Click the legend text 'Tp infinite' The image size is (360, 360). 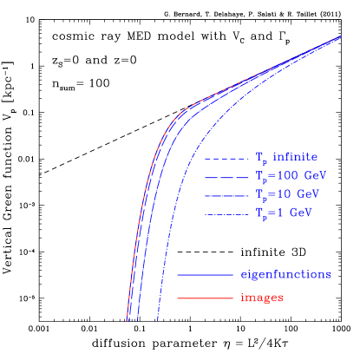click(286, 157)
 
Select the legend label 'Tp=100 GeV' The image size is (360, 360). click(291, 176)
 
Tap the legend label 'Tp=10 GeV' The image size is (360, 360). click(288, 193)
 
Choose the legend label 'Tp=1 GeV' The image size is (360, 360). click(285, 212)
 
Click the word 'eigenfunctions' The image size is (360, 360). click(285, 274)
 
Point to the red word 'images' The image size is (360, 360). click(262, 298)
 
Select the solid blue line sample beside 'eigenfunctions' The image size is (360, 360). click(206, 275)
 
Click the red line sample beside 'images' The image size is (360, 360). click(206, 298)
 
